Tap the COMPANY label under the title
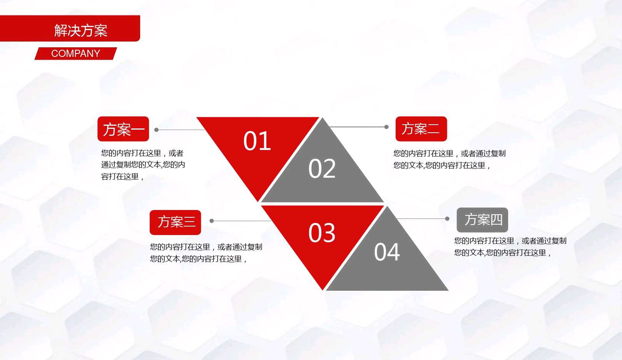pyautogui.click(x=75, y=53)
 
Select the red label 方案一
pyautogui.click(x=123, y=129)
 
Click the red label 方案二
pyautogui.click(x=421, y=129)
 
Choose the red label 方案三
pyautogui.click(x=176, y=222)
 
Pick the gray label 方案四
pyautogui.click(x=482, y=220)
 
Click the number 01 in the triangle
pyautogui.click(x=257, y=141)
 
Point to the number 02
pyautogui.click(x=322, y=169)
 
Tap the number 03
pyautogui.click(x=322, y=233)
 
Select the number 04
pyautogui.click(x=387, y=252)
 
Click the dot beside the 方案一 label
pyautogui.click(x=157, y=130)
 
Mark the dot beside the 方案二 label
pyautogui.click(x=386, y=127)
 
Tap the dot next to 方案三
pyautogui.click(x=212, y=221)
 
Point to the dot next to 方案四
pyautogui.click(x=447, y=219)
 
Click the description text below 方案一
pyautogui.click(x=143, y=165)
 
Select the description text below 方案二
pyautogui.click(x=449, y=159)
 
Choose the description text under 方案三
pyautogui.click(x=206, y=253)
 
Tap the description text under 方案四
pyautogui.click(x=510, y=247)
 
